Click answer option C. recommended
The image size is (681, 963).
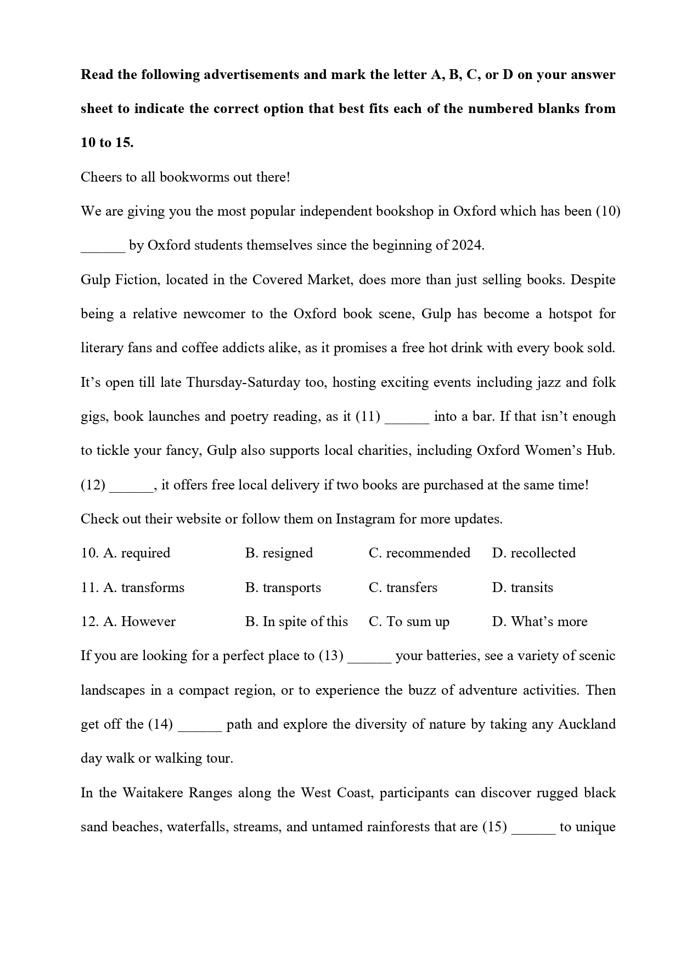[x=419, y=553]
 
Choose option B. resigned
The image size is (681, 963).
[x=279, y=553]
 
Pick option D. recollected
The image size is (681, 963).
[x=533, y=553]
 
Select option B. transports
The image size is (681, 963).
[x=283, y=588]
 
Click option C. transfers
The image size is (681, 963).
[x=403, y=588]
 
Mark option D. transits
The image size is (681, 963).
[x=522, y=588]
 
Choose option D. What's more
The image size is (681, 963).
[x=539, y=622]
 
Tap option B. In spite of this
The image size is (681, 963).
[x=296, y=622]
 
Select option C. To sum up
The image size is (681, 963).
[x=409, y=622]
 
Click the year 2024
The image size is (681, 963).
[x=466, y=245]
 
